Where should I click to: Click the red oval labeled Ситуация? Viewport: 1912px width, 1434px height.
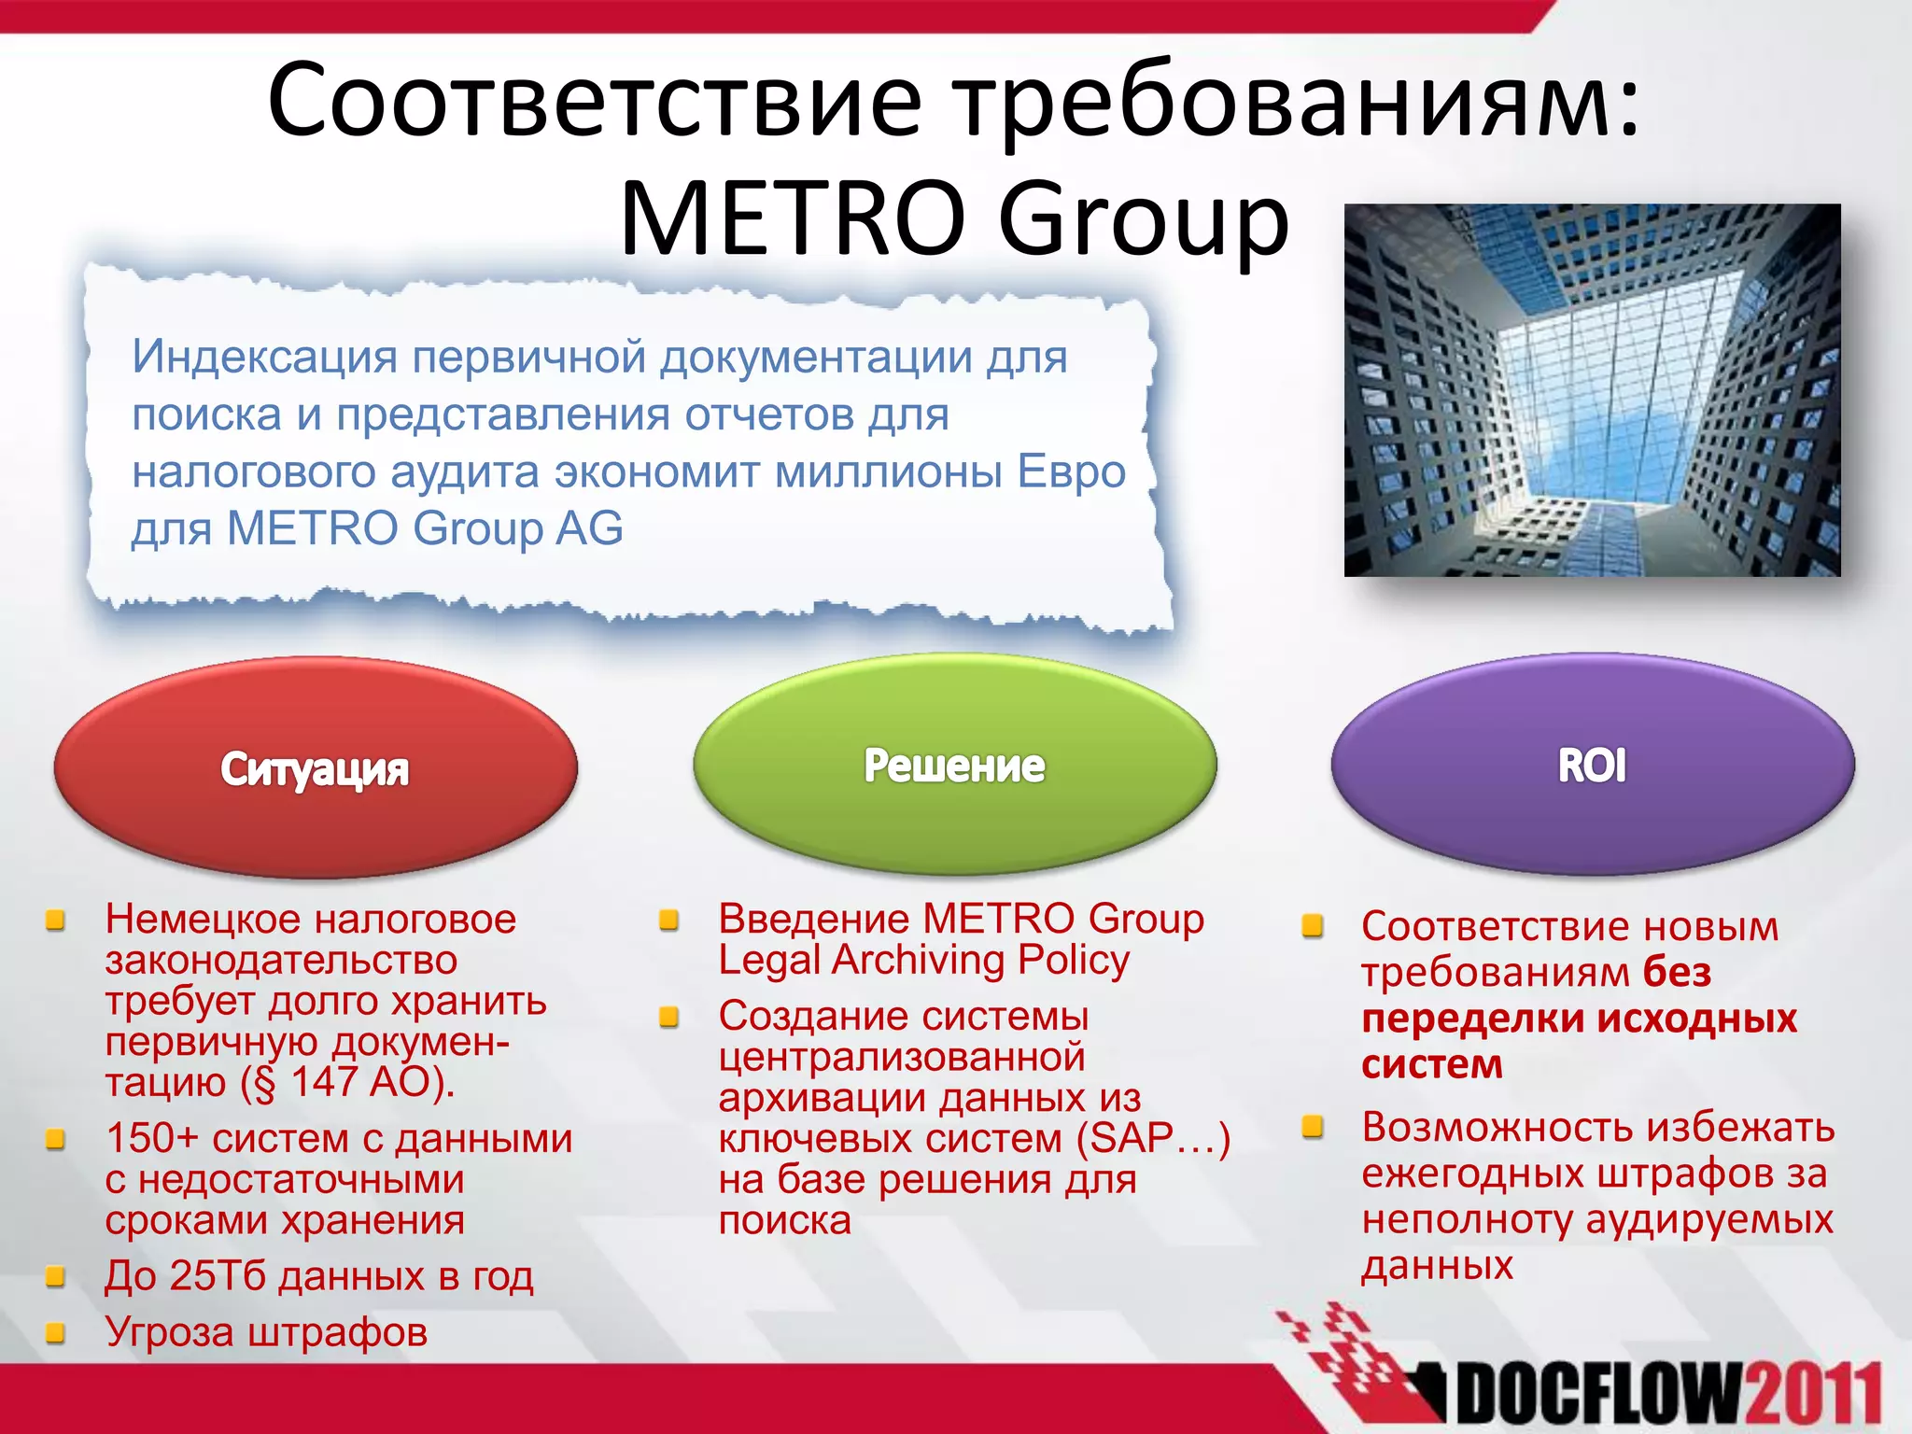point(316,768)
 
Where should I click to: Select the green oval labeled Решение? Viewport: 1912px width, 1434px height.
point(954,765)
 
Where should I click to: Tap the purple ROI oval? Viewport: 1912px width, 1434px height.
point(1592,765)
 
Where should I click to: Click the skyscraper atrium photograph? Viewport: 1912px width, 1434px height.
point(1592,389)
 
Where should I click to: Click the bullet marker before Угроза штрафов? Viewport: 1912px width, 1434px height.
point(56,1332)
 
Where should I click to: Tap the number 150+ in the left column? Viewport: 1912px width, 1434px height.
point(151,1139)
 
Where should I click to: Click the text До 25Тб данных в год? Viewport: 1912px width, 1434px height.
point(318,1276)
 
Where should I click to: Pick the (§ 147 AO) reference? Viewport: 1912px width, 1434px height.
point(347,1083)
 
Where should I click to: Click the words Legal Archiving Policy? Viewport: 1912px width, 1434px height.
point(923,961)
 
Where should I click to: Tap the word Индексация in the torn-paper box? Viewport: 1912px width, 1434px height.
point(264,357)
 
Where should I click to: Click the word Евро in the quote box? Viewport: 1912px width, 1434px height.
point(1071,471)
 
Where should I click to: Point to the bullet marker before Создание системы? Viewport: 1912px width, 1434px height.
point(668,1017)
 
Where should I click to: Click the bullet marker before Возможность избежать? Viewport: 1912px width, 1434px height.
point(1313,1128)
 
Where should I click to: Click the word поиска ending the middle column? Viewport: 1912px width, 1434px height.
point(784,1221)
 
